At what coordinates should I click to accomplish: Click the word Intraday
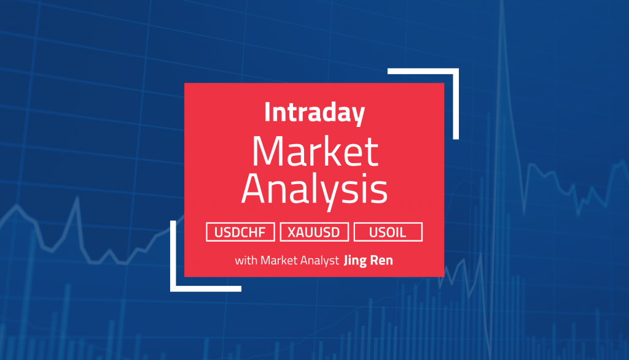point(314,113)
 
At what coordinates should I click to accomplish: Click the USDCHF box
point(241,232)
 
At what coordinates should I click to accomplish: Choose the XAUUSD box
point(314,232)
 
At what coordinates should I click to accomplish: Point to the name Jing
point(356,261)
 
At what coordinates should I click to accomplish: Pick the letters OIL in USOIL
point(396,232)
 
